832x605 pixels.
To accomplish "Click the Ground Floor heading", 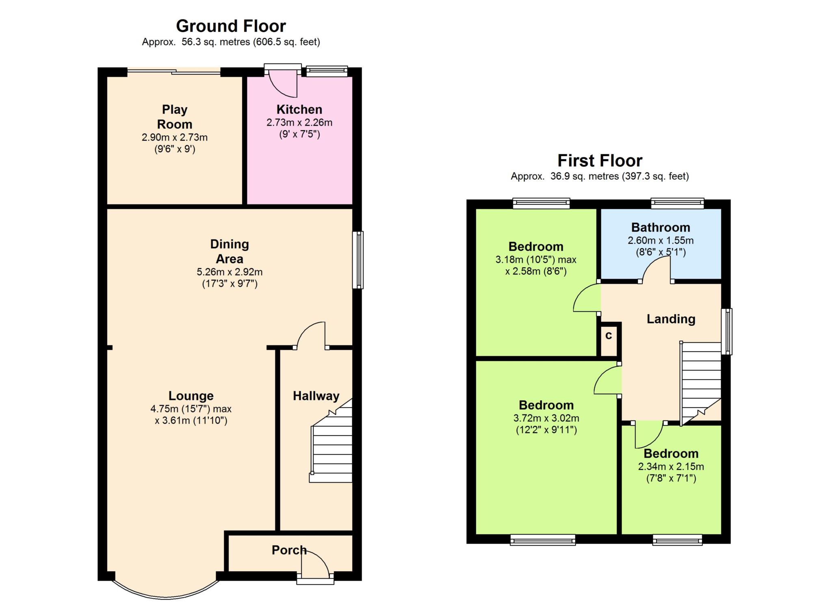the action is click(231, 26).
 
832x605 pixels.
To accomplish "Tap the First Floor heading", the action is click(600, 160).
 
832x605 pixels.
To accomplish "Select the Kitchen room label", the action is click(299, 109).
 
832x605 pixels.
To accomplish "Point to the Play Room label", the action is click(175, 117).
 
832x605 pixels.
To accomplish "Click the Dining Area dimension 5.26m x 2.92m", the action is click(230, 272).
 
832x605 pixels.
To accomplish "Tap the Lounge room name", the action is click(191, 396).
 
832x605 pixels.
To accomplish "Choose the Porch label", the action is click(289, 550).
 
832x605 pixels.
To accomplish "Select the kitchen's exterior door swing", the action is click(283, 84).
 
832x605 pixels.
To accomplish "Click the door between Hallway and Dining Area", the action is click(311, 336).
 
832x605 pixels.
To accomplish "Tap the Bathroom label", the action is click(661, 227).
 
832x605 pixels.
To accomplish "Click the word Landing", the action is click(671, 319).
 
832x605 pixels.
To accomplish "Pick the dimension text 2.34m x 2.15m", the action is click(671, 466).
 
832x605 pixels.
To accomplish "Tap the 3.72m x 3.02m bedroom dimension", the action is click(546, 418).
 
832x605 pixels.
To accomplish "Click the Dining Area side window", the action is click(358, 260).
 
